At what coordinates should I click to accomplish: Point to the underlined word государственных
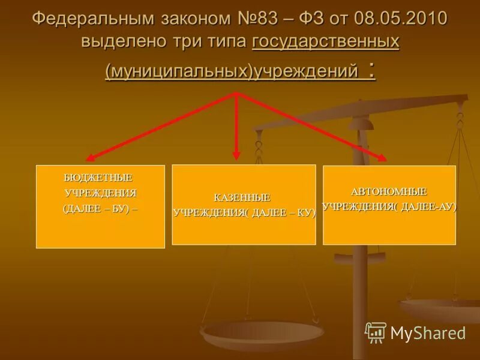tap(326, 43)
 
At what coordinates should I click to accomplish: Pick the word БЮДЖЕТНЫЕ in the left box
tap(98, 178)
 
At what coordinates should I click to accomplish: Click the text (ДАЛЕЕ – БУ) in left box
tap(100, 209)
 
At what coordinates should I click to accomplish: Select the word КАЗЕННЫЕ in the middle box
tap(242, 197)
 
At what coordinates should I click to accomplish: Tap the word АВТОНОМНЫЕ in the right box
tap(389, 191)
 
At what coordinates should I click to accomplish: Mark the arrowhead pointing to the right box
tap(382, 158)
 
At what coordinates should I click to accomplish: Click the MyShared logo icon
tap(376, 332)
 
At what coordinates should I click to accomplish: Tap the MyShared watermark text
tap(428, 333)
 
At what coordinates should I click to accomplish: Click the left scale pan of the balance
tap(262, 332)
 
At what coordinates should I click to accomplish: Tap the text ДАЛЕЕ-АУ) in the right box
tap(428, 207)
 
